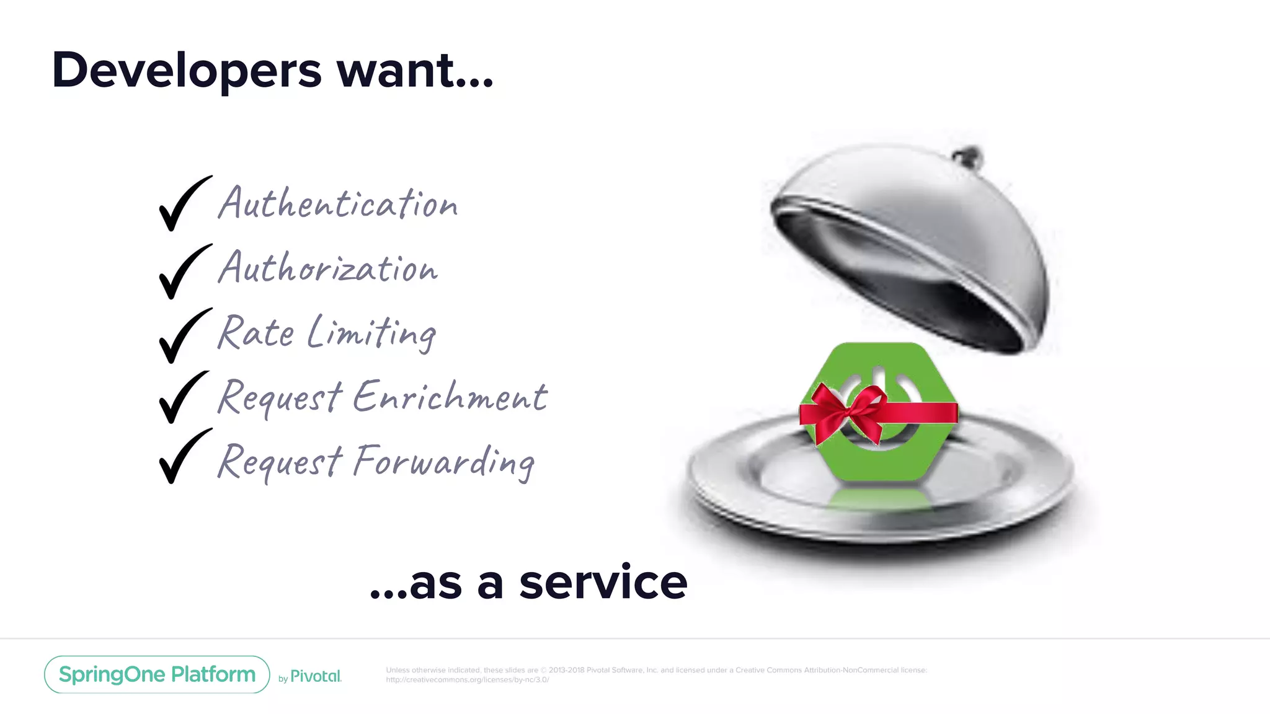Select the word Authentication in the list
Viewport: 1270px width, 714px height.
[338, 203]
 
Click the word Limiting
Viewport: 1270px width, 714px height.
[372, 333]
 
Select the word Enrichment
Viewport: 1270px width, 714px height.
[450, 397]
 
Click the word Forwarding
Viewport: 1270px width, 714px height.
[444, 462]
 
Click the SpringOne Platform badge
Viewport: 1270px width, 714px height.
[157, 674]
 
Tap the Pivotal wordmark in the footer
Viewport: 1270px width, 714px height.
[315, 676]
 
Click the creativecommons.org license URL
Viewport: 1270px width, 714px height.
[467, 680]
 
